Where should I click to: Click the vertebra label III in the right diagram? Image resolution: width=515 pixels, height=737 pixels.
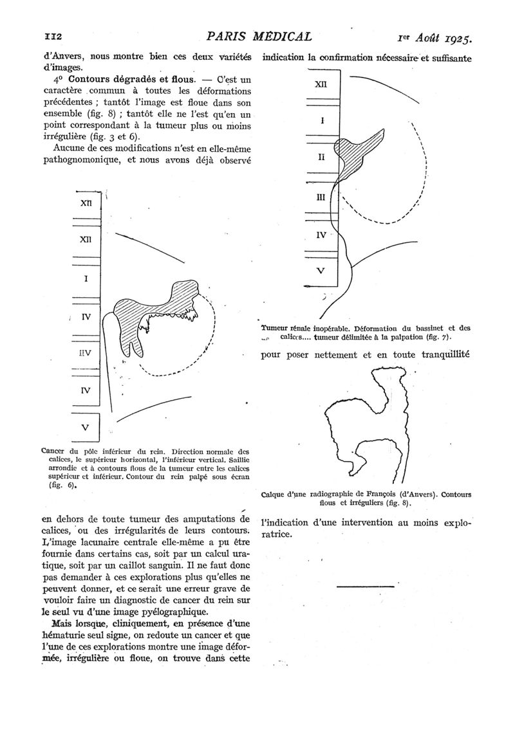point(321,198)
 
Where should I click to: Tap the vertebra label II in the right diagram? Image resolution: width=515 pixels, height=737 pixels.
point(321,157)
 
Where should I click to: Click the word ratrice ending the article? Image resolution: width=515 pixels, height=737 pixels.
point(281,534)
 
